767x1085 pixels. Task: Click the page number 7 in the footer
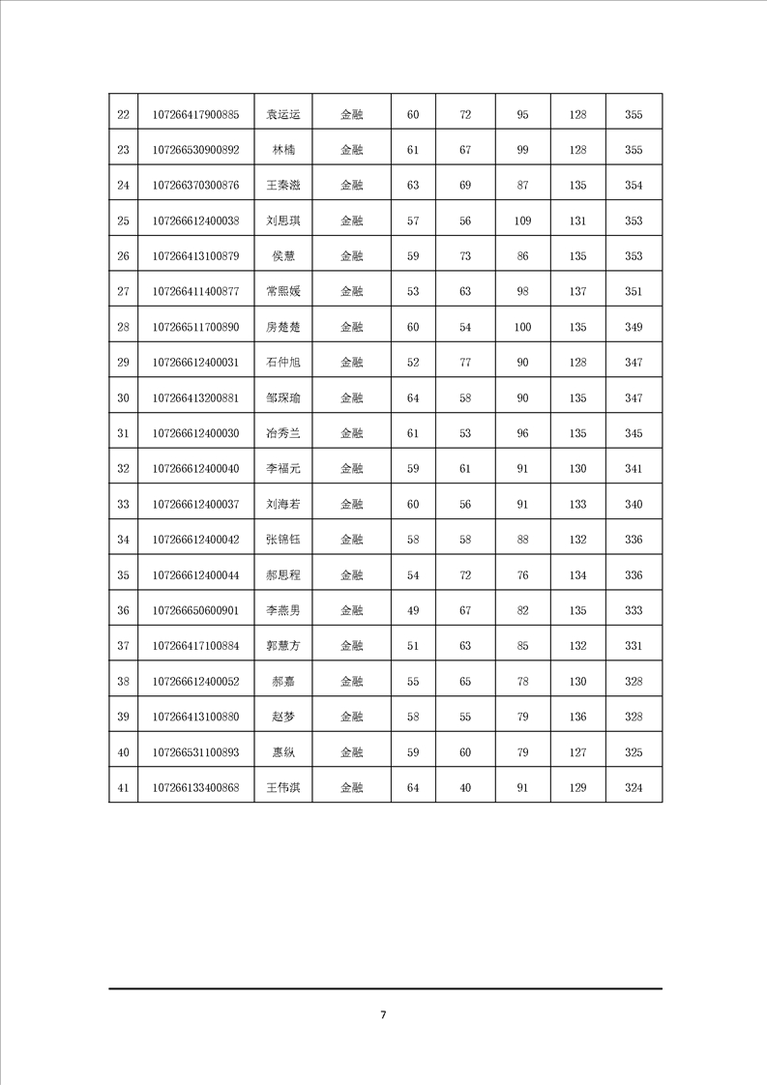click(x=383, y=1014)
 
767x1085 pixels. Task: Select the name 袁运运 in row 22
click(x=283, y=115)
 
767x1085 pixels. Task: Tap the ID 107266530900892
click(x=196, y=150)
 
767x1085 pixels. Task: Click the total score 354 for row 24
click(x=634, y=186)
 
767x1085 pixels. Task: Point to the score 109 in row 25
click(x=522, y=221)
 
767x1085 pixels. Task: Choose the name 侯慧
click(x=283, y=256)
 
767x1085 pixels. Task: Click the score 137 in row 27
click(x=578, y=292)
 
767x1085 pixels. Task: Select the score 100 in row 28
click(x=522, y=328)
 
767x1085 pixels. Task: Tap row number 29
click(x=123, y=363)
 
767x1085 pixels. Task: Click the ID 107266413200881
click(x=196, y=398)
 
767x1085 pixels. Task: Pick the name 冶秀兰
click(x=283, y=433)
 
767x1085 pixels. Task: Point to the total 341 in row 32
click(x=634, y=469)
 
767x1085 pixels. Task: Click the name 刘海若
click(x=283, y=504)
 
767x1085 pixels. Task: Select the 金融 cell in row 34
click(x=352, y=540)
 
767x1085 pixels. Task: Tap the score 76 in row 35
click(x=522, y=575)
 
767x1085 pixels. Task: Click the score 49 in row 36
click(x=413, y=610)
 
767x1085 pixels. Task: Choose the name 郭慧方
click(x=283, y=646)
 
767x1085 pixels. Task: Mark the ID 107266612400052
click(x=196, y=681)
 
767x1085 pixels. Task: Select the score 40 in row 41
click(x=465, y=788)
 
